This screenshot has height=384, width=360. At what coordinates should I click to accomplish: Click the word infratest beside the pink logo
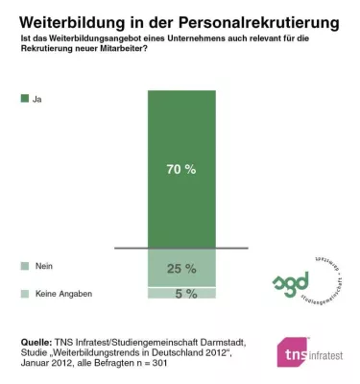pos(332,357)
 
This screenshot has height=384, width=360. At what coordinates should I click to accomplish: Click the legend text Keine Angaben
pos(64,293)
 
